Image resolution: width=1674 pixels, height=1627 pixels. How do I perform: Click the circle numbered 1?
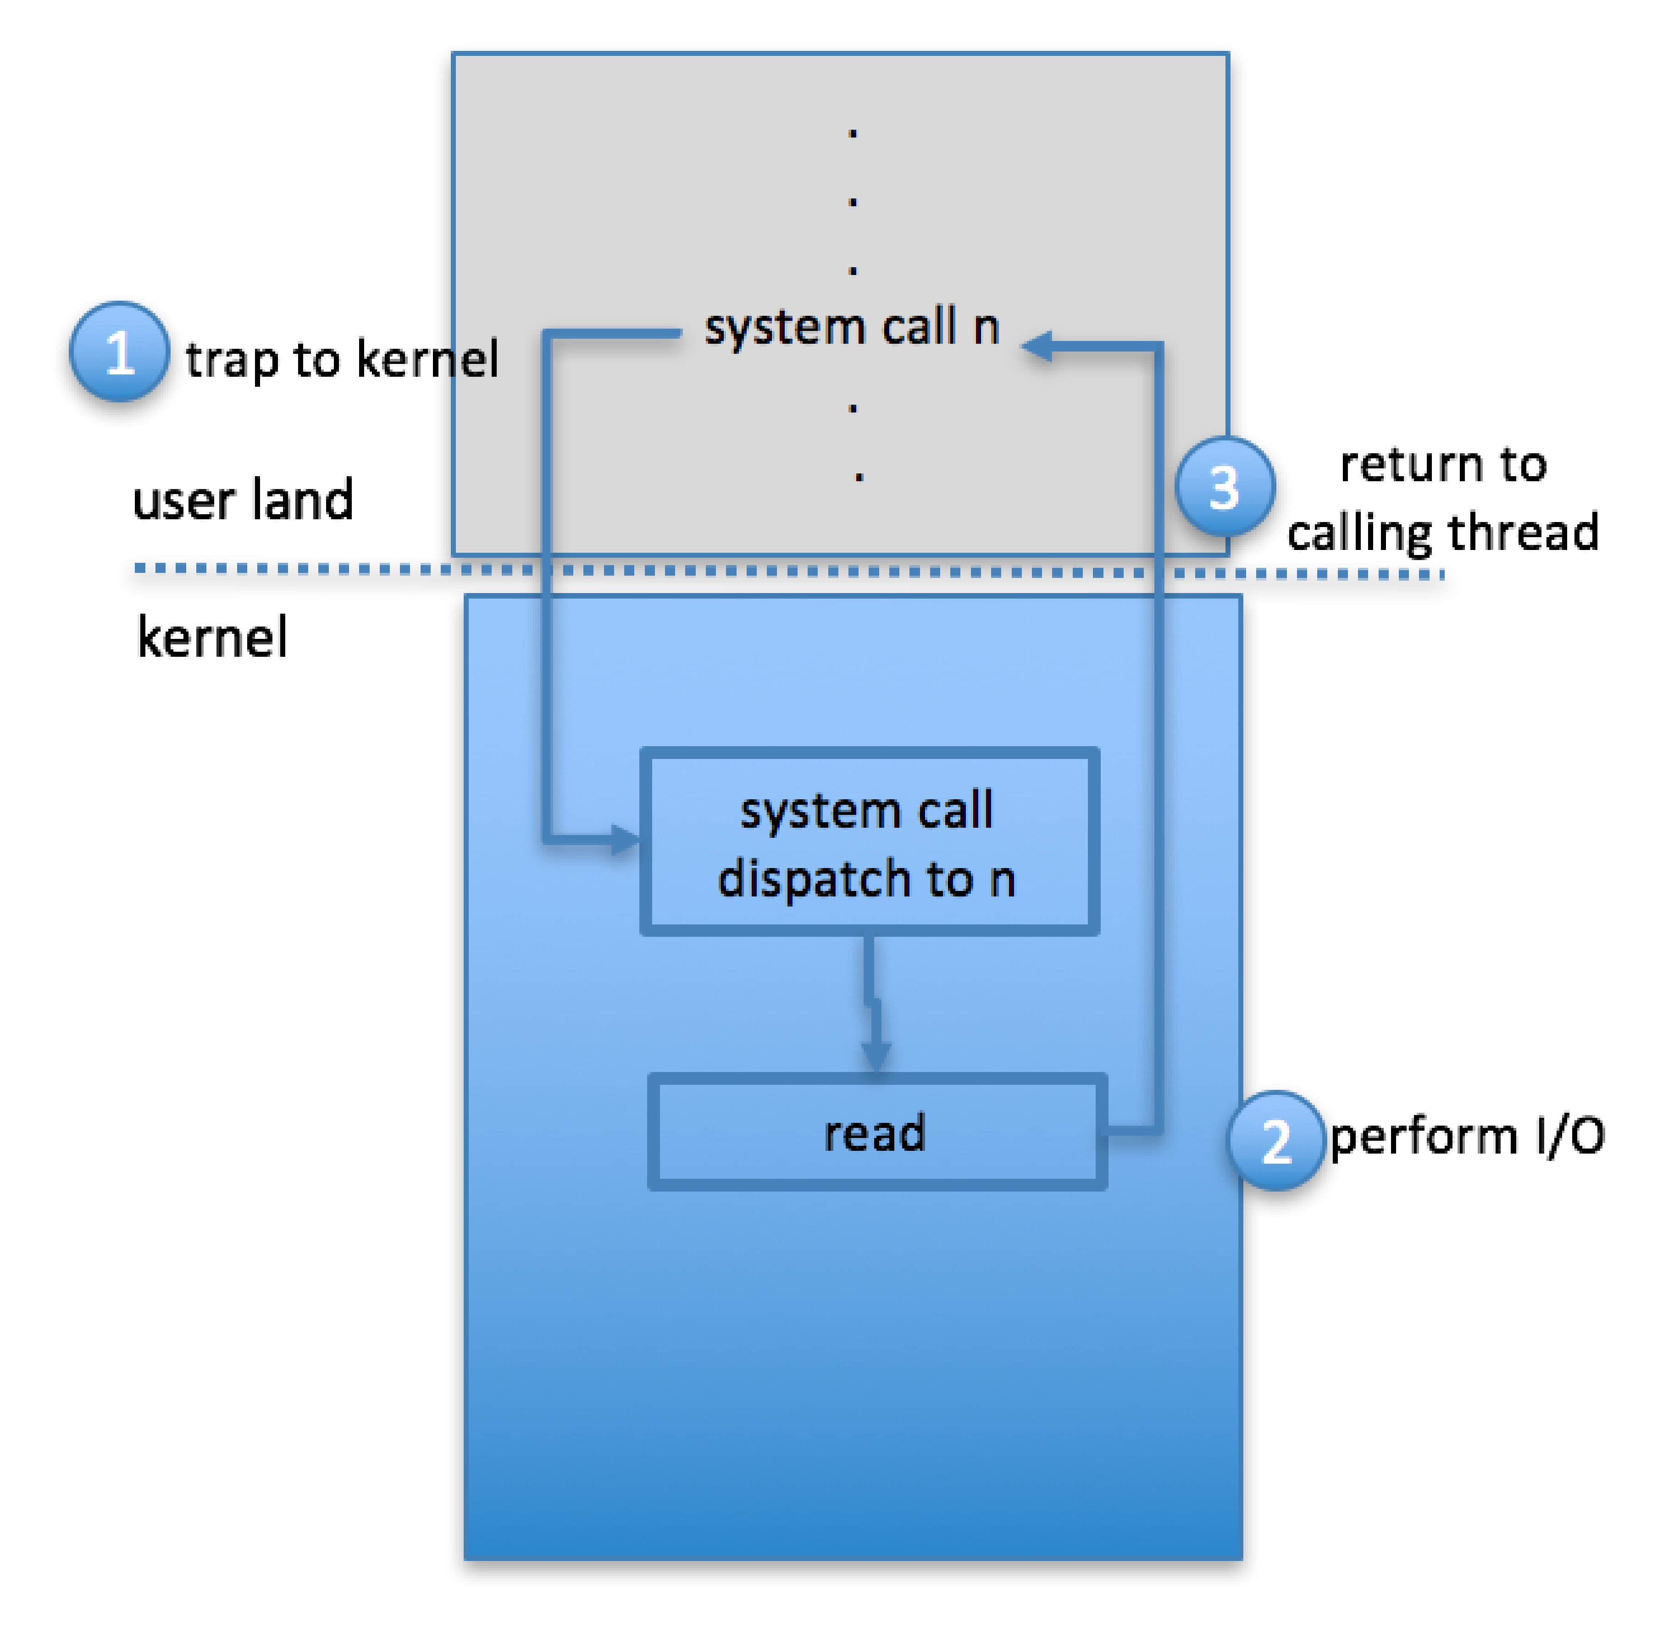point(119,352)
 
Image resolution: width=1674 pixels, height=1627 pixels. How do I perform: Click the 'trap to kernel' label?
point(342,359)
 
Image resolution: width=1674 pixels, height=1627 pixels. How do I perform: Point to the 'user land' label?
point(243,500)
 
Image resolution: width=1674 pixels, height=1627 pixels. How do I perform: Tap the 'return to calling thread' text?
point(1443,499)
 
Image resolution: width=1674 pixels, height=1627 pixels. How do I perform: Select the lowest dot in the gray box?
point(859,477)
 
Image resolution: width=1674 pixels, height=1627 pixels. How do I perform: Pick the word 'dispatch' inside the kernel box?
point(815,880)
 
